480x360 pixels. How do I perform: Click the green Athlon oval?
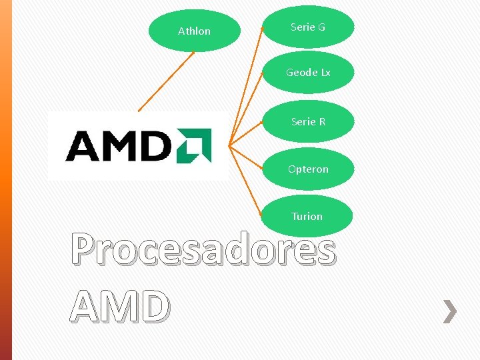194,31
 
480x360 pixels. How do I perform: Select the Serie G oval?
308,27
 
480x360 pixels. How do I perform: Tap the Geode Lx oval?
308,72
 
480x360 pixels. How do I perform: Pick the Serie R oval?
308,121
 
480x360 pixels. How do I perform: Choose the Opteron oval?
308,169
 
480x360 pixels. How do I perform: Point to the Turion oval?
307,216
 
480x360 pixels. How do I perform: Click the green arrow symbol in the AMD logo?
193,145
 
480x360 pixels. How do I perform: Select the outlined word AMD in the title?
120,307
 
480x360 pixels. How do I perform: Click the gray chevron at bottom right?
451,311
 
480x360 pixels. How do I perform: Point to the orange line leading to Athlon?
166,81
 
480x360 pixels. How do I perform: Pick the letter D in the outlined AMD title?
153,307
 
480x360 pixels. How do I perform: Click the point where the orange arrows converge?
229,145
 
